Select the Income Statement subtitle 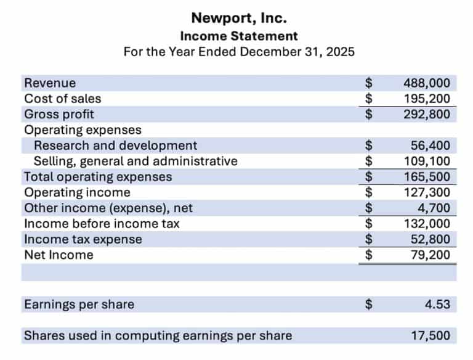[239, 36]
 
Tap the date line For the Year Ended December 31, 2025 [239, 52]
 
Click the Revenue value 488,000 [426, 83]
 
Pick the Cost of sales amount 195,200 [426, 99]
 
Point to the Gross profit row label [59, 114]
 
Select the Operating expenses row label [83, 130]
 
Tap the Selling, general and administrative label [135, 162]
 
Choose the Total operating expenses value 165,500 [426, 177]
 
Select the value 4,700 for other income [434, 208]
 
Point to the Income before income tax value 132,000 [426, 224]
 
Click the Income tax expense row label [83, 239]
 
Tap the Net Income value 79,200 [430, 255]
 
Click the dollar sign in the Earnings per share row [369, 305]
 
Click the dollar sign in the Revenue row [369, 83]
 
